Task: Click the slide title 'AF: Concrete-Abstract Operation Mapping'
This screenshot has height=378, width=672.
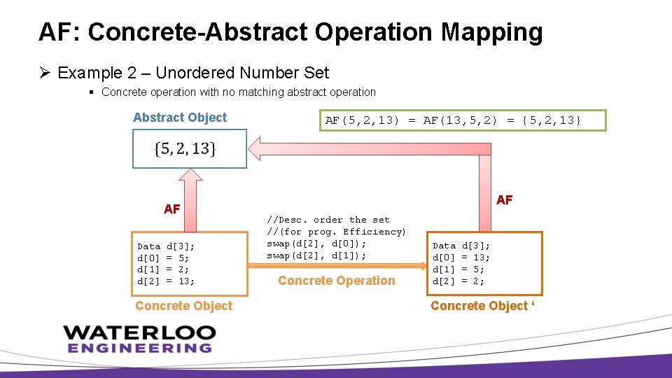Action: click(290, 32)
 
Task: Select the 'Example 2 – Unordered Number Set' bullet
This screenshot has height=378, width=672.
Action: click(192, 73)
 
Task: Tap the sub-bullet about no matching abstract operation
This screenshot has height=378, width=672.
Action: click(238, 92)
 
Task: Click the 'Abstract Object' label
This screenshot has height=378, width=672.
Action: click(180, 118)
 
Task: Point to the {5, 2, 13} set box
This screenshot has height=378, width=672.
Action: click(189, 148)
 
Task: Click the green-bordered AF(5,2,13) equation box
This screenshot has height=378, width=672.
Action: click(454, 120)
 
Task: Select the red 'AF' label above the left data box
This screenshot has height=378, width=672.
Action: click(172, 209)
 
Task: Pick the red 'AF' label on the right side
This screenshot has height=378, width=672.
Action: click(504, 200)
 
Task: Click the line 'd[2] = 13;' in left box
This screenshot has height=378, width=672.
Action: click(166, 281)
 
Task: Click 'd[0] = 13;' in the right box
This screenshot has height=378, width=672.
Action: click(461, 258)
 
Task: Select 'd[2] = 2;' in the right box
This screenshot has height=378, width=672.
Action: click(458, 281)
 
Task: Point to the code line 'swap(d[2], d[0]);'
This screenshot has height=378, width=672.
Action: click(316, 244)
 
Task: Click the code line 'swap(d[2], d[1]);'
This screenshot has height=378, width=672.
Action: click(316, 255)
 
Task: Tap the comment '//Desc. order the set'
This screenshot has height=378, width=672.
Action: click(328, 220)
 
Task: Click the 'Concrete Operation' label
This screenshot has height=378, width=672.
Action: click(337, 281)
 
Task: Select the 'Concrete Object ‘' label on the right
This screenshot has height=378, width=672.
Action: click(483, 306)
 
